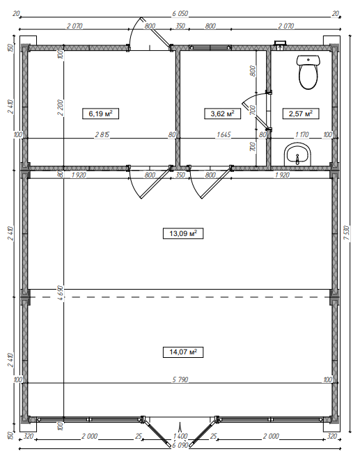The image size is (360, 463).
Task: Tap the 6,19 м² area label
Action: click(x=100, y=113)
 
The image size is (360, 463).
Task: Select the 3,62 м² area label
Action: click(x=222, y=113)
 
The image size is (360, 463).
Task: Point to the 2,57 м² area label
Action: click(x=300, y=113)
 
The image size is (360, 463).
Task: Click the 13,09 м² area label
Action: click(x=180, y=233)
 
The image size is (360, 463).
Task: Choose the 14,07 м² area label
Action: click(x=180, y=352)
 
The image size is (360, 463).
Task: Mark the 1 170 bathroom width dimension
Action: click(x=302, y=135)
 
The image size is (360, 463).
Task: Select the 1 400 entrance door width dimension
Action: click(x=180, y=437)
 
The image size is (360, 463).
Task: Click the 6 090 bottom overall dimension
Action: click(x=180, y=445)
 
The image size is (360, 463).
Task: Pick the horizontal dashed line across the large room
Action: click(x=180, y=297)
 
